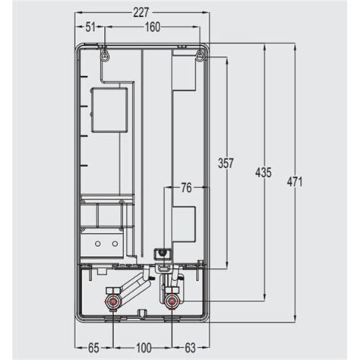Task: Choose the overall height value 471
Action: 292,182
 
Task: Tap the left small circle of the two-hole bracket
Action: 97,245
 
